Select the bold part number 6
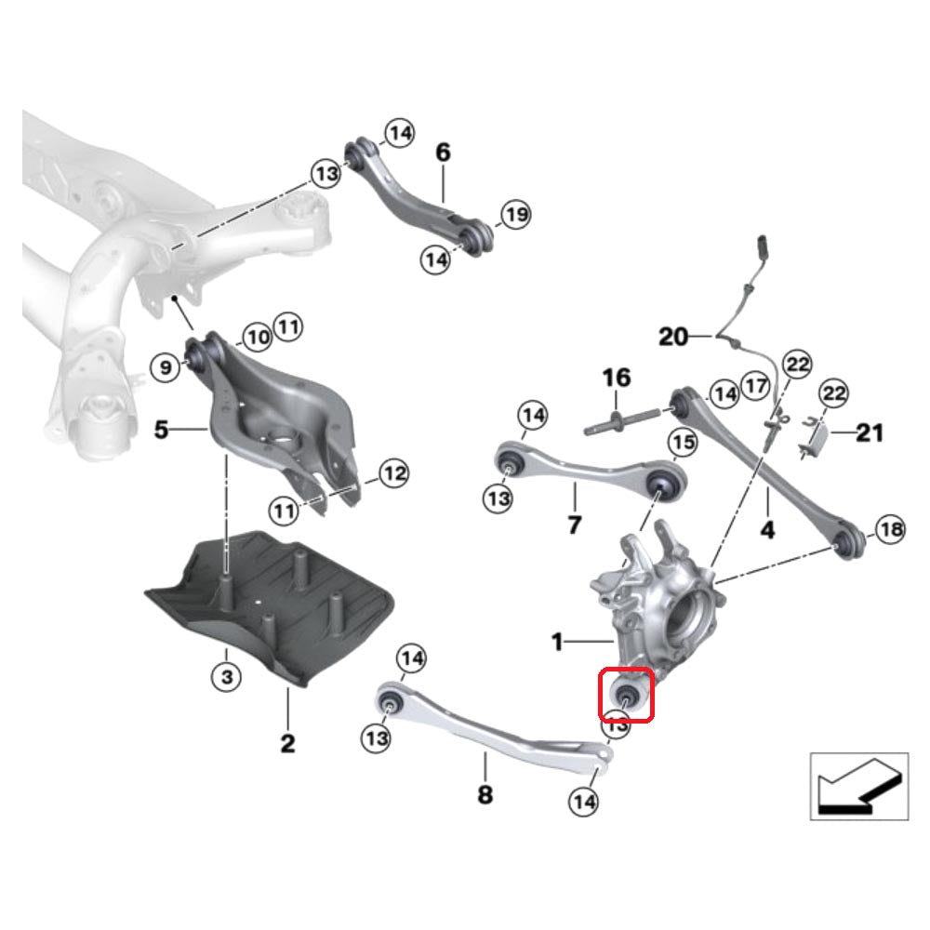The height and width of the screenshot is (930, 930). coord(443,152)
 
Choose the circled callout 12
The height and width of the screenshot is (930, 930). coord(393,474)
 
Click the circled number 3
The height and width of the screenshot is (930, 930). coord(226,677)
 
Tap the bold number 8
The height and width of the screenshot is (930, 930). coord(485,794)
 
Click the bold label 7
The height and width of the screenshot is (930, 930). coord(574,525)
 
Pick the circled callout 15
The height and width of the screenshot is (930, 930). coord(683,444)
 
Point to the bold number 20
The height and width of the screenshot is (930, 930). coord(673,336)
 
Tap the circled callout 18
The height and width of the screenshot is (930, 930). coord(890,530)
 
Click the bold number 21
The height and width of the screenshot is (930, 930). coord(870,432)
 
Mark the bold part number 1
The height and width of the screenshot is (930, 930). coord(557,642)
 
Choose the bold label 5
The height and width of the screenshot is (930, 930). coord(161,431)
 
